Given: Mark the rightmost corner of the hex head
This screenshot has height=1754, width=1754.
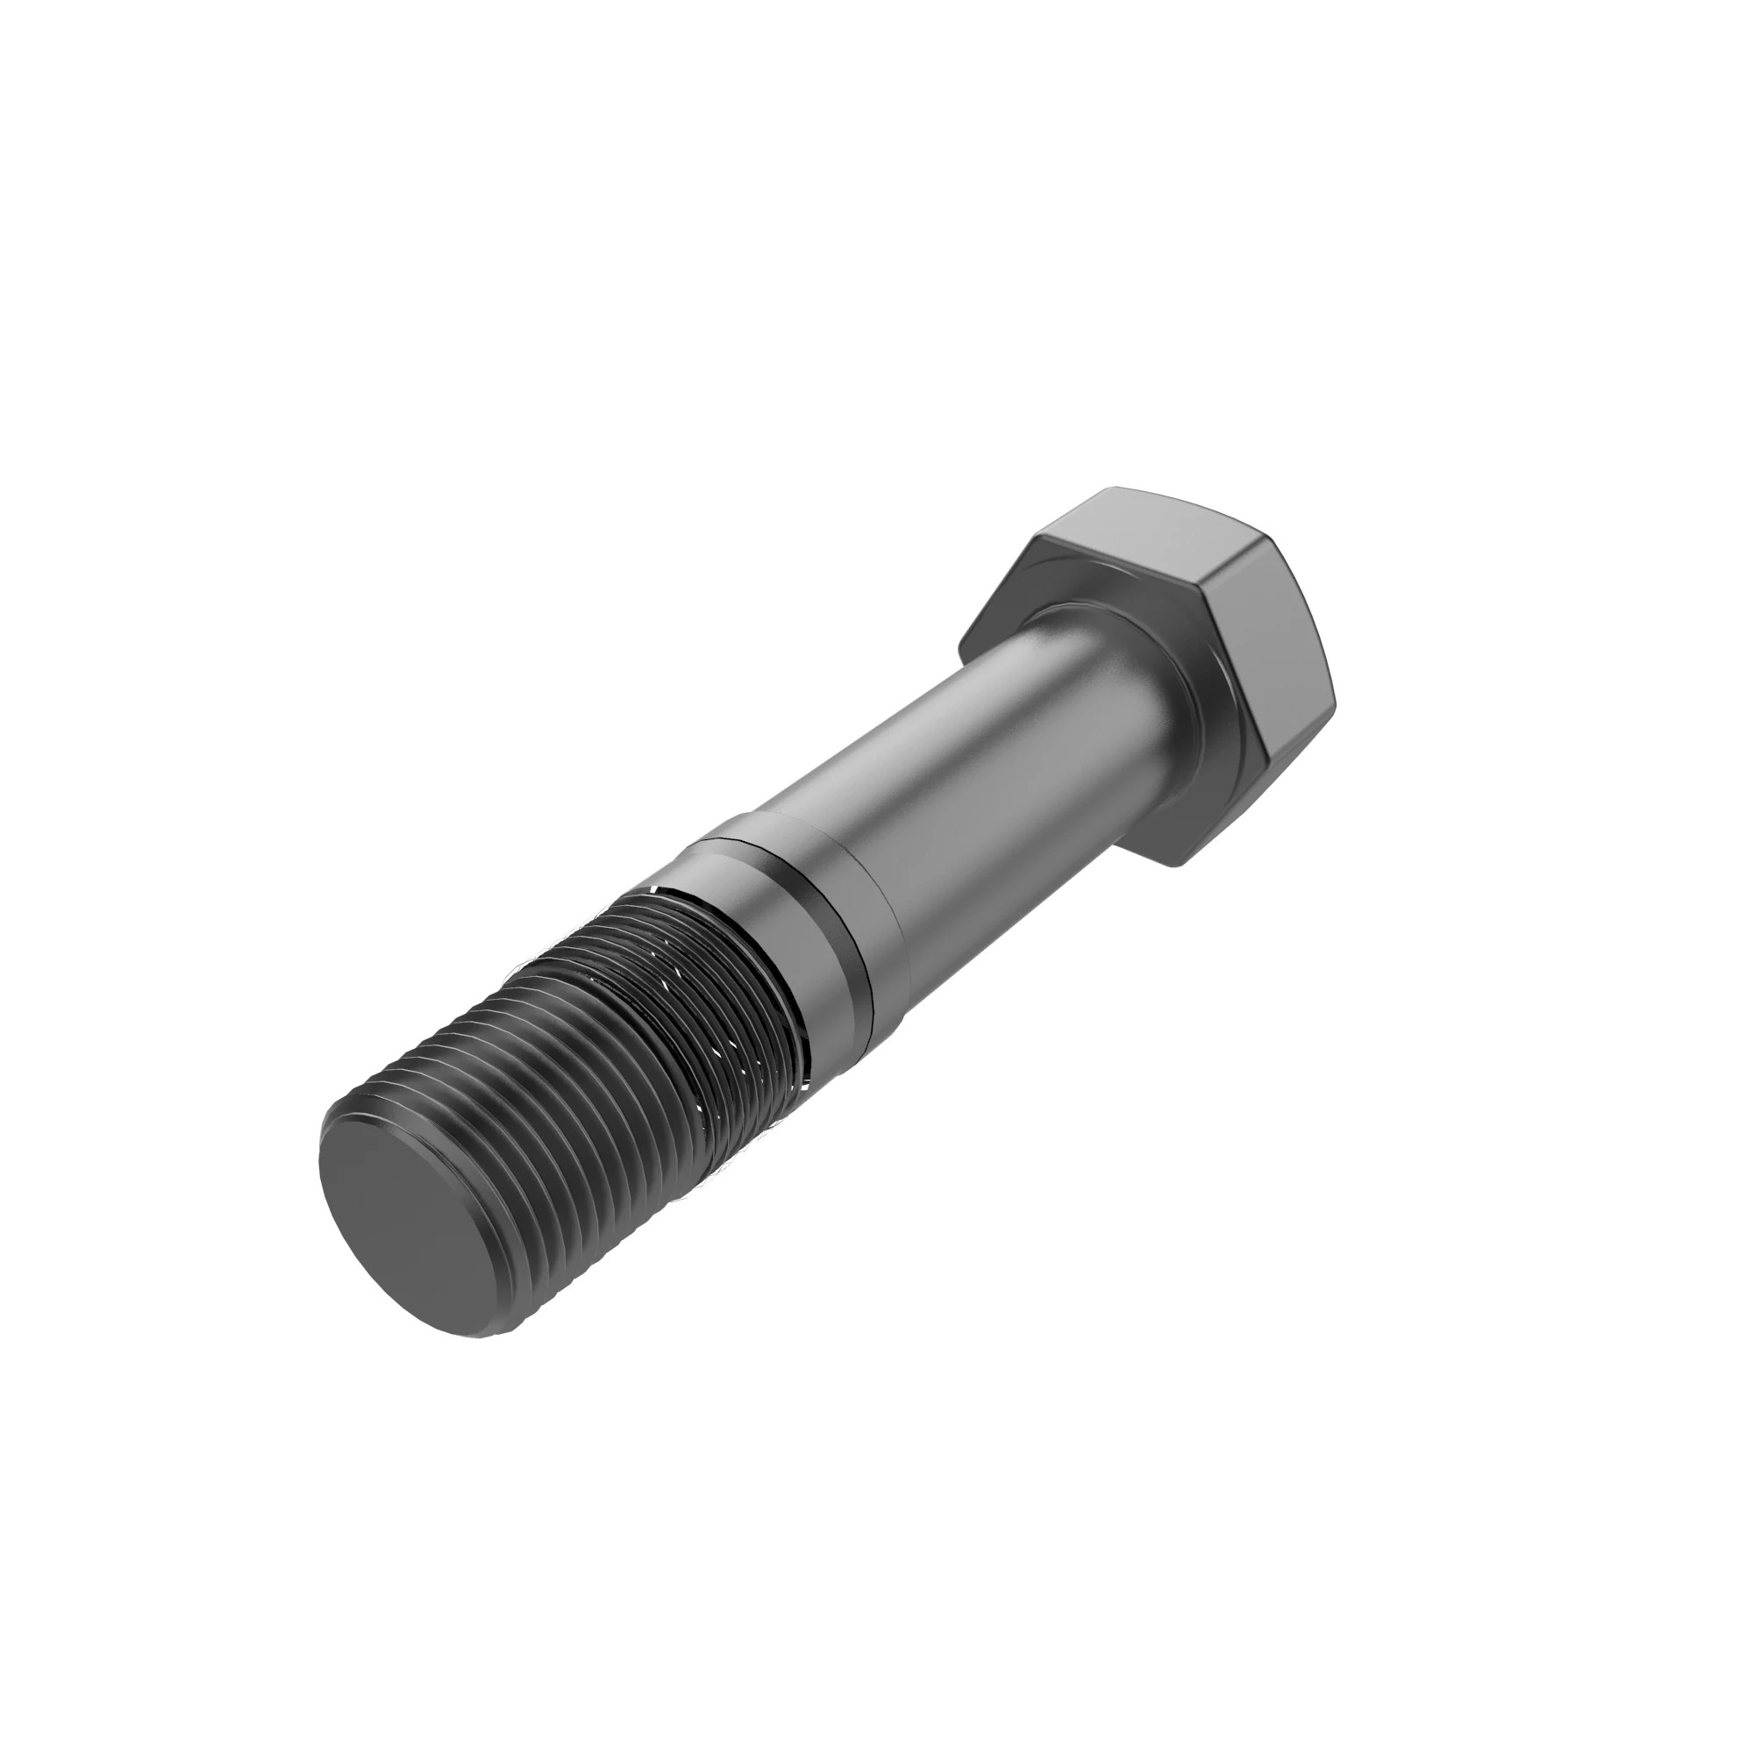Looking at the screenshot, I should click(1337, 699).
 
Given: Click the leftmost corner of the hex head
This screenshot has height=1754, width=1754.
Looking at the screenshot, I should click(960, 646).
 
